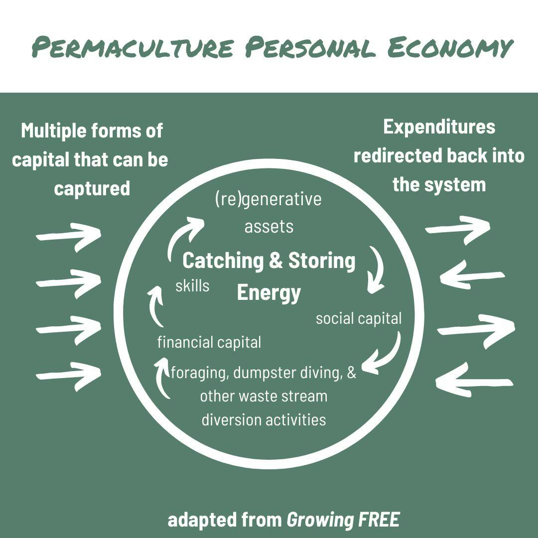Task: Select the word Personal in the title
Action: (310, 48)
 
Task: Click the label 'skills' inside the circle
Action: (192, 286)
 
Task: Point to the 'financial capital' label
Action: (209, 343)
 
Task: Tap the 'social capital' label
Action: (359, 318)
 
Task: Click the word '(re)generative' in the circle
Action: (269, 199)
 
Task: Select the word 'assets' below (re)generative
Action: (269, 227)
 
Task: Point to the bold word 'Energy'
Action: (269, 292)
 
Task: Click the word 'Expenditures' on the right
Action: (439, 127)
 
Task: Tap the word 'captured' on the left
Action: (92, 188)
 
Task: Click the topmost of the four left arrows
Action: (69, 235)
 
